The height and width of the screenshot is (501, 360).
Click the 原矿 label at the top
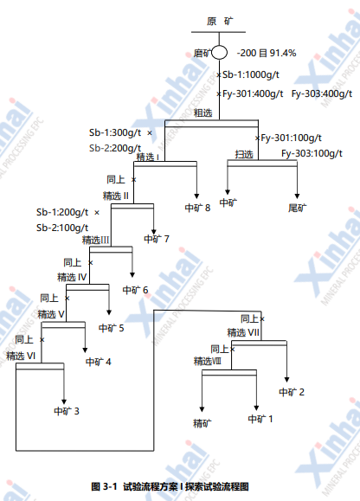[x=220, y=22]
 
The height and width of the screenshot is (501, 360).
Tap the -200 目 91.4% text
[x=267, y=53]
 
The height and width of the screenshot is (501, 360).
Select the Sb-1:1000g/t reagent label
[x=251, y=74]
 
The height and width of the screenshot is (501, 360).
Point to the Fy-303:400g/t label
[x=322, y=94]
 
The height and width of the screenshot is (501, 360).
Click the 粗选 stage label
[x=202, y=112]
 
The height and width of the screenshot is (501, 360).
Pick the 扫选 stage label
[x=244, y=154]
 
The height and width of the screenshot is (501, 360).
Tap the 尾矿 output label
[x=298, y=208]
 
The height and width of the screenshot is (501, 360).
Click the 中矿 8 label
[x=197, y=208]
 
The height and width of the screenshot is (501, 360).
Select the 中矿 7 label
[x=157, y=239]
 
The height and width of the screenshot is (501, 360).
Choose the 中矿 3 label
[x=67, y=411]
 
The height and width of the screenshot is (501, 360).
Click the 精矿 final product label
[x=202, y=423]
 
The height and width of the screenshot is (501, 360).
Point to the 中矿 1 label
[x=260, y=419]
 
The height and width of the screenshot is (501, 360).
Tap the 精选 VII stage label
[x=243, y=332]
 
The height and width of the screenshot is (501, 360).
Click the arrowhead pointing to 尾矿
[x=297, y=196]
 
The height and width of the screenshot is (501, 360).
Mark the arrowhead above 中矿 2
[x=286, y=380]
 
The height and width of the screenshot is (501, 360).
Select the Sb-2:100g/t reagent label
[x=62, y=228]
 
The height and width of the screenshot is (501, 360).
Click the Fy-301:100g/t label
[x=291, y=138]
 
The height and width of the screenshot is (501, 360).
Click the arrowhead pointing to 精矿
[x=202, y=409]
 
